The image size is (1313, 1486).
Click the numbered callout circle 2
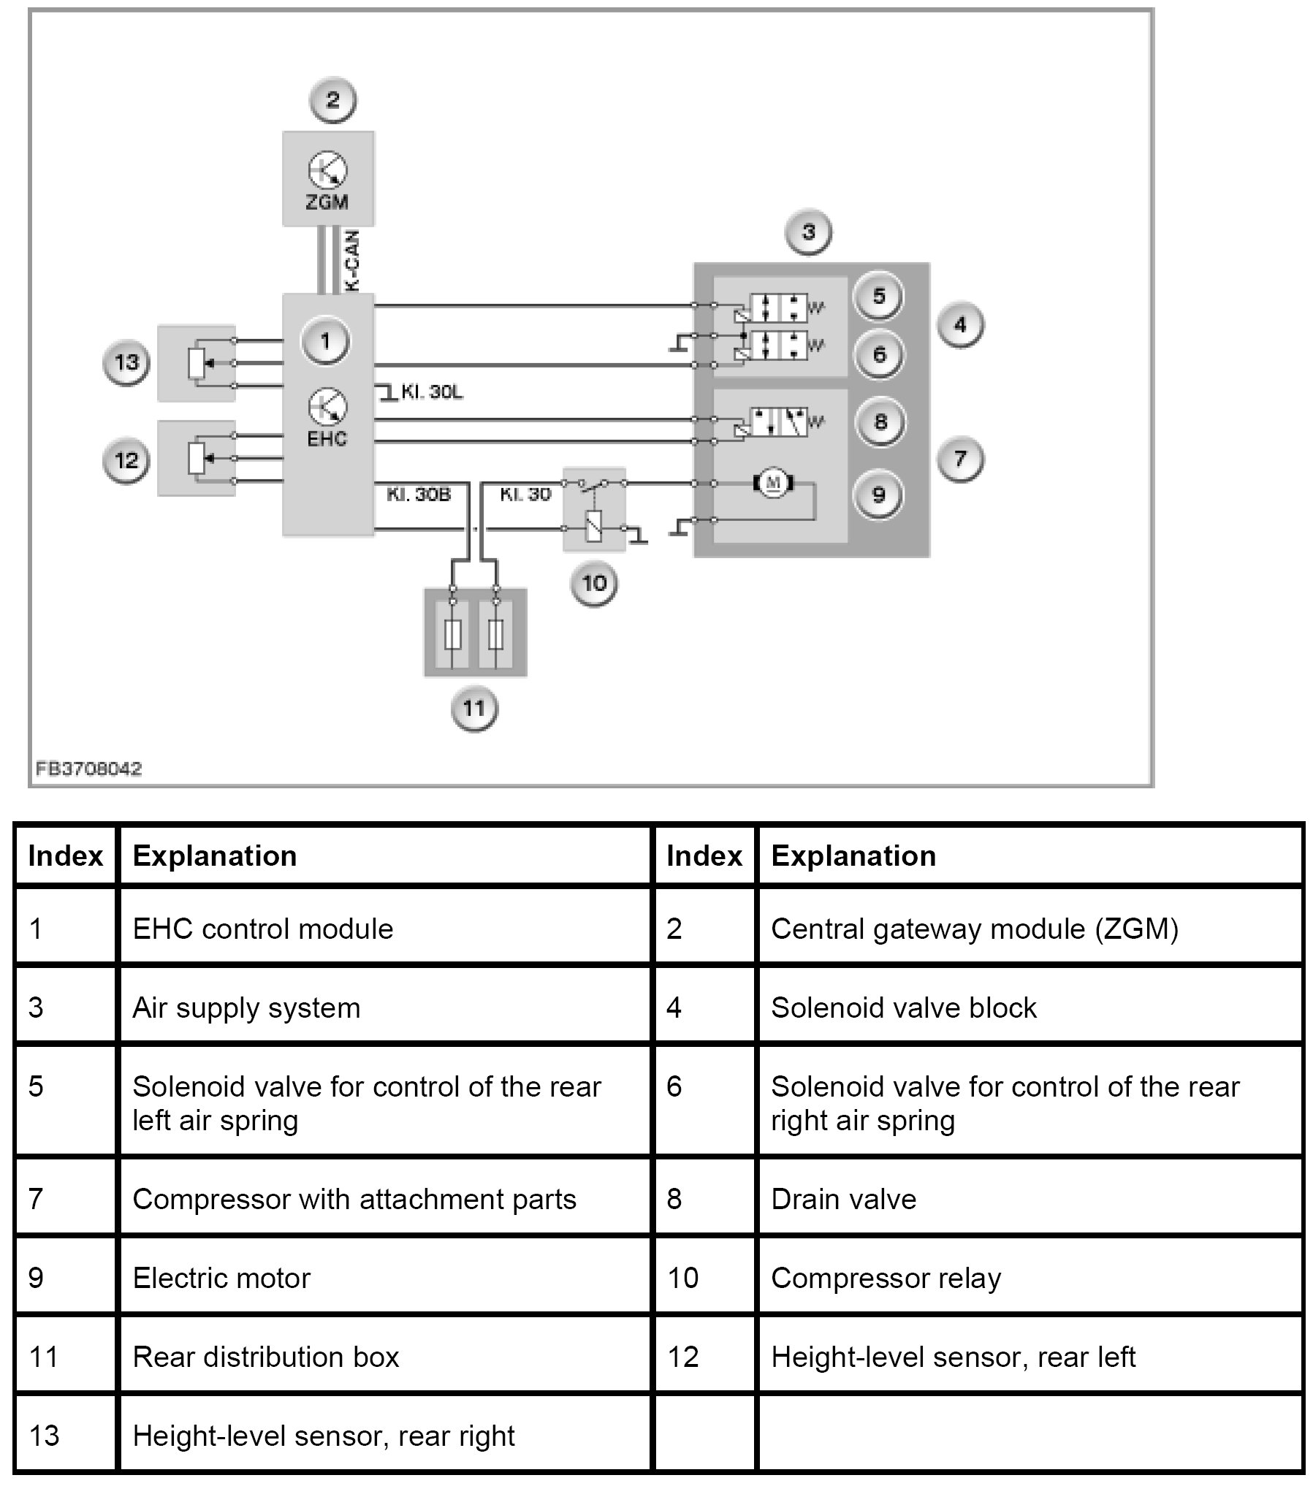pos(332,100)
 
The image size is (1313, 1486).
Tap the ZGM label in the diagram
pos(327,202)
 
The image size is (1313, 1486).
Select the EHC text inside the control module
pos(327,438)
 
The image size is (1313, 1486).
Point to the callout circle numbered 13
pos(126,362)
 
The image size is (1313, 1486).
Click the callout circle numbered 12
pos(126,460)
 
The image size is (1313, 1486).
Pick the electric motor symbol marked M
pos(772,483)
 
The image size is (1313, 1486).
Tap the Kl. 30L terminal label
pos(431,392)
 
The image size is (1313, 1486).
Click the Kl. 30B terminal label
pos(419,495)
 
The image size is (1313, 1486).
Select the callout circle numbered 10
pos(594,583)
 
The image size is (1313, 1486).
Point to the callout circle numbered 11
pos(474,708)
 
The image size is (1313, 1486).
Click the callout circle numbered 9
pos(879,495)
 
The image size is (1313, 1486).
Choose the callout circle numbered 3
pos(808,232)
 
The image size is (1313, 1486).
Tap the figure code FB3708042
pos(89,769)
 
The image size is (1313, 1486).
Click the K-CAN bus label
pos(352,262)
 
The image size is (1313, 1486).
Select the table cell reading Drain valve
pos(843,1199)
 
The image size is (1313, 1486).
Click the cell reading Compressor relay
pos(886,1278)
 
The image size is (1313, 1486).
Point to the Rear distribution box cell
pos(266,1357)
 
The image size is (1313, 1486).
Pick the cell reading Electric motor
pos(221,1278)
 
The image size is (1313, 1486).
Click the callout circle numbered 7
pos(960,459)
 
